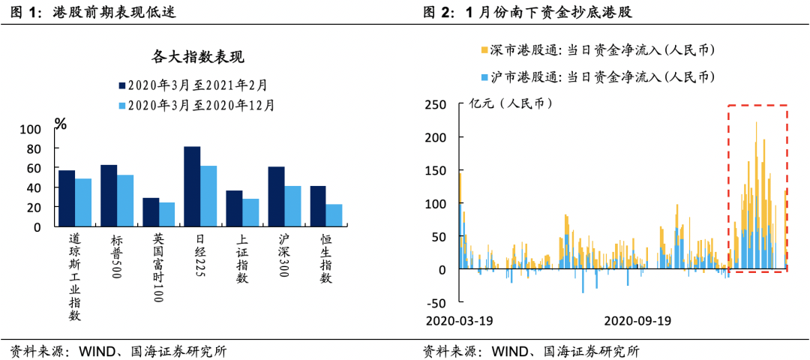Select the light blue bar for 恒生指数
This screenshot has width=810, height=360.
tap(334, 215)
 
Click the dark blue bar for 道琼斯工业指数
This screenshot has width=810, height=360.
tap(67, 198)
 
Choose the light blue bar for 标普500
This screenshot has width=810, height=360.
tap(125, 200)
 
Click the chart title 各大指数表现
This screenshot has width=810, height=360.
tap(198, 57)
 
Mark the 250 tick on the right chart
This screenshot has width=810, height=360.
tap(436, 104)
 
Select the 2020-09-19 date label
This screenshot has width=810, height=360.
tap(637, 320)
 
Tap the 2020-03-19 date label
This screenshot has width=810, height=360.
tap(457, 320)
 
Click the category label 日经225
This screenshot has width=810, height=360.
tap(200, 255)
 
